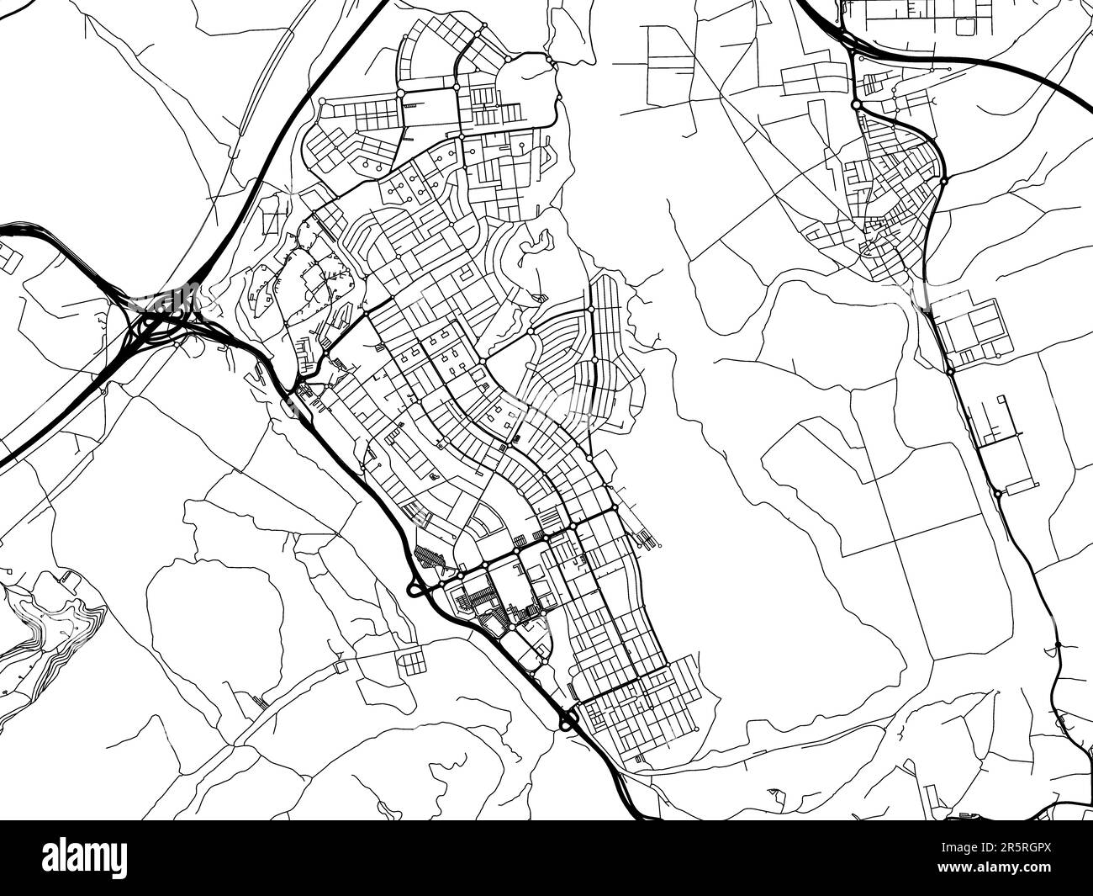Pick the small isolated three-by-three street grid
click(412, 660)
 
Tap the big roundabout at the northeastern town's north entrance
click(856, 105)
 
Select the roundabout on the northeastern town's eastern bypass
click(944, 180)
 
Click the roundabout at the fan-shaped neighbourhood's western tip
click(531, 334)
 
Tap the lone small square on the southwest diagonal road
click(340, 666)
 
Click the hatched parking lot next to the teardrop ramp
click(430, 559)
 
